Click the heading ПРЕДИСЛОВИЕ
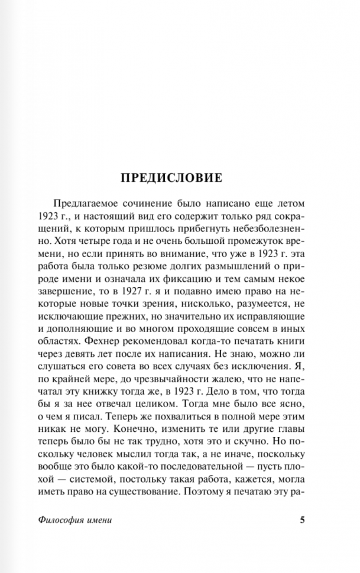(171, 177)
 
